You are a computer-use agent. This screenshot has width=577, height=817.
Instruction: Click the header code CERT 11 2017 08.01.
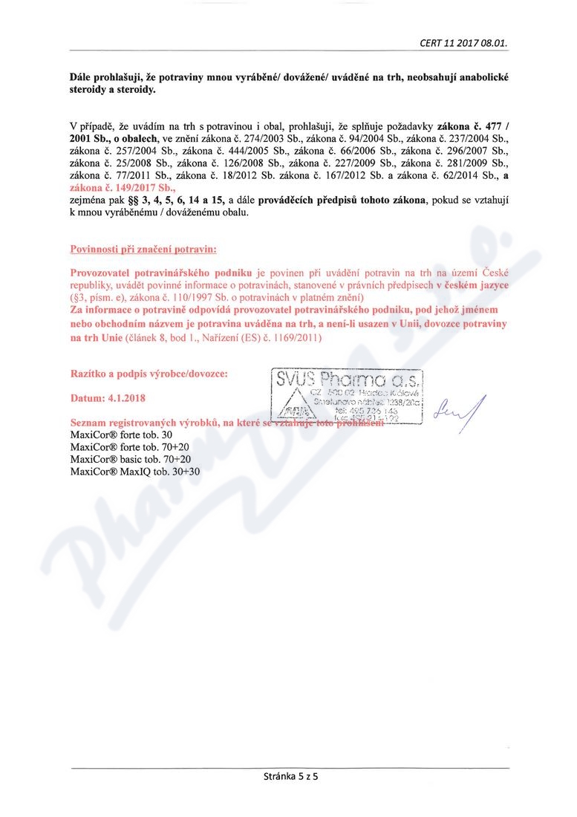[463, 42]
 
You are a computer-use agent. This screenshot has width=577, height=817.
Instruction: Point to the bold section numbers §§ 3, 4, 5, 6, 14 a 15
[169, 201]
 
